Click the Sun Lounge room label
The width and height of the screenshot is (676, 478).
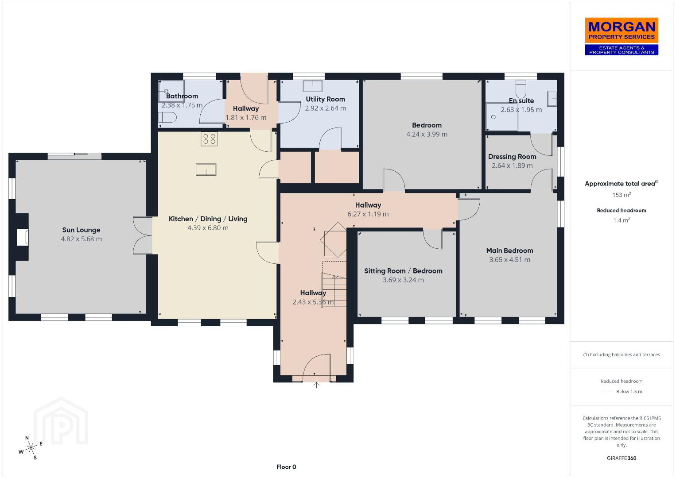click(x=81, y=230)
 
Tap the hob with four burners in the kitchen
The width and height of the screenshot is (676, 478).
click(x=209, y=139)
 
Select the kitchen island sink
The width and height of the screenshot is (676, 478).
click(x=206, y=169)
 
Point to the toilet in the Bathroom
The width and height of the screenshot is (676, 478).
click(x=167, y=117)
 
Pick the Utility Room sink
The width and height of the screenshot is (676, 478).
click(x=313, y=86)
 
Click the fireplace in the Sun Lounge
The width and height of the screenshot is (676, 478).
click(x=22, y=237)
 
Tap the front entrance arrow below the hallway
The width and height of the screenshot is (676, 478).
click(x=316, y=385)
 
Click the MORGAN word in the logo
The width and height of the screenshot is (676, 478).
click(x=622, y=27)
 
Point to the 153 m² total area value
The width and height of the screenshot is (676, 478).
click(x=622, y=195)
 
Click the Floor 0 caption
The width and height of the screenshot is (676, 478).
click(x=286, y=467)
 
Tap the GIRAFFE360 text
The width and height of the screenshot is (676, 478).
click(x=622, y=458)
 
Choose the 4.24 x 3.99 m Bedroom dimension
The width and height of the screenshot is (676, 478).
click(x=427, y=134)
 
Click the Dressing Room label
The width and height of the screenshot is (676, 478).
click(x=512, y=157)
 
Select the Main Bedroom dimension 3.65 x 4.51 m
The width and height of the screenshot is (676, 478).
click(x=509, y=260)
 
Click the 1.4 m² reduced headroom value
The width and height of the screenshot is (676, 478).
click(x=622, y=220)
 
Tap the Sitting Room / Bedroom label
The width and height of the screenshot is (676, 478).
click(x=403, y=271)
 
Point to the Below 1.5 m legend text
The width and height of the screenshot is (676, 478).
click(x=629, y=391)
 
